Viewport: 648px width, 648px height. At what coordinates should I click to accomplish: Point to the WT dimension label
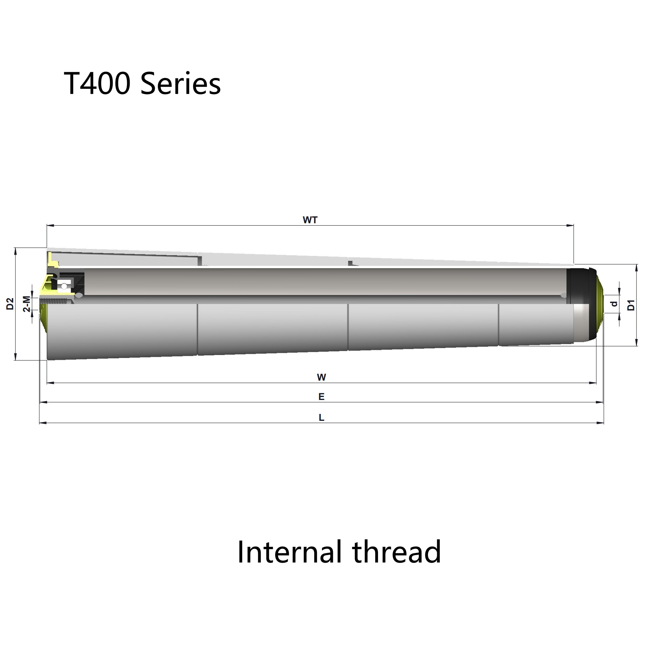point(310,220)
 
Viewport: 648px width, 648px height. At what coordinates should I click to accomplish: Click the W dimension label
point(321,377)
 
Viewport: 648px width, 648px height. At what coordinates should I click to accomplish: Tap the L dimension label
point(321,417)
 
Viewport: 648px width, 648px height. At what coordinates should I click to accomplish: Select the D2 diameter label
point(10,304)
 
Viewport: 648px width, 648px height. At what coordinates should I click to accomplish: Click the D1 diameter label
point(631,305)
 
